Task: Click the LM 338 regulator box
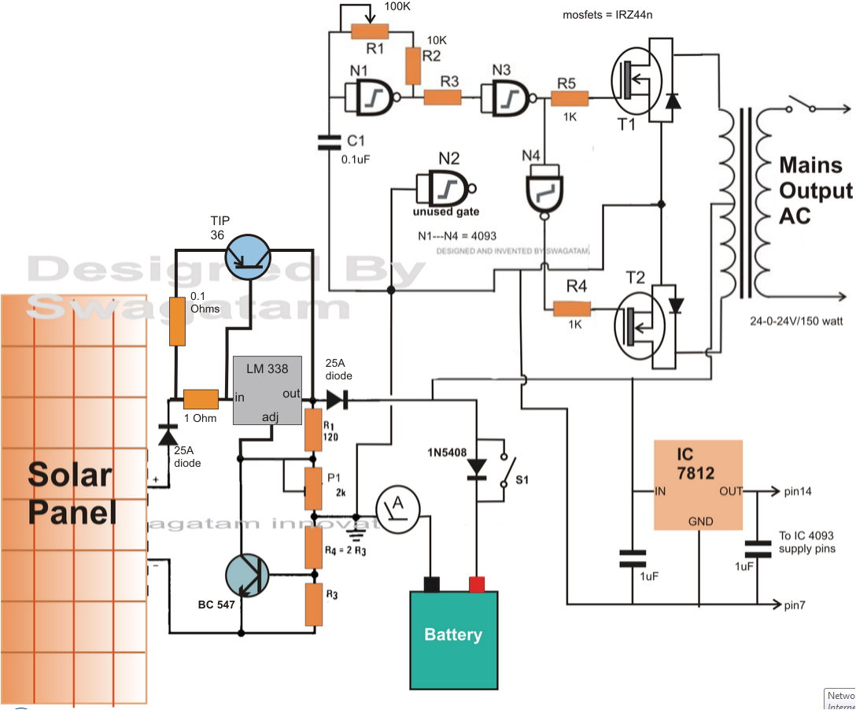click(x=267, y=390)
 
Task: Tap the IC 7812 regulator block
click(x=698, y=485)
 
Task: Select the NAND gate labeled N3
click(x=508, y=98)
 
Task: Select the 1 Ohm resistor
click(x=201, y=398)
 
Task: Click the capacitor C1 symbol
click(x=328, y=142)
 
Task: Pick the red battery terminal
click(x=477, y=583)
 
